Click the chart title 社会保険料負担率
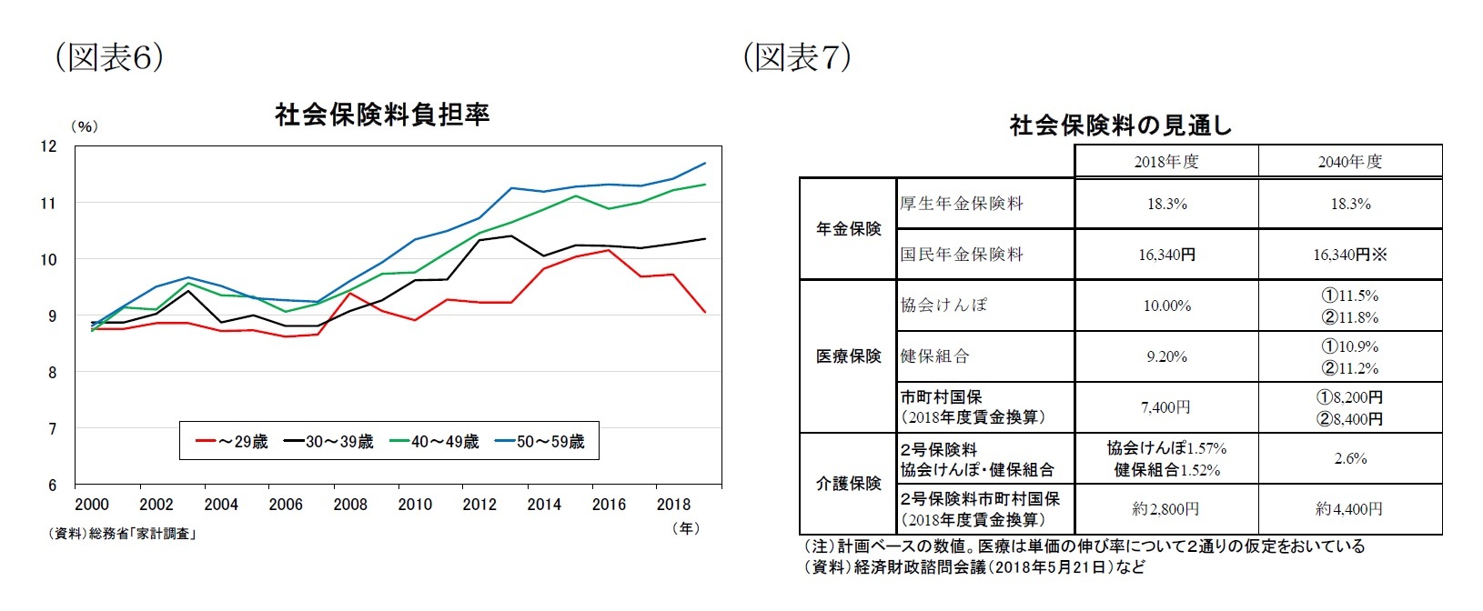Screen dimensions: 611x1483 (382, 115)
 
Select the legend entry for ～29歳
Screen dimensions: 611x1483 (232, 442)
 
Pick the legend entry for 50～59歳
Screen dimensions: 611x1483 (540, 442)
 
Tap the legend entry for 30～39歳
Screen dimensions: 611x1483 (328, 442)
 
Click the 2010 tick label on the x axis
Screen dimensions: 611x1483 (415, 505)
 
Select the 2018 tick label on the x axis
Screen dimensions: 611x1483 (673, 505)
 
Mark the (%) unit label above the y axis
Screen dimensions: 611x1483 (84, 127)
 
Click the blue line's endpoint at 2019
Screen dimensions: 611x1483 (706, 164)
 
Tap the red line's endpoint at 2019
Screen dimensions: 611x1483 (706, 312)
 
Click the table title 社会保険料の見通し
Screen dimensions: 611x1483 (1120, 125)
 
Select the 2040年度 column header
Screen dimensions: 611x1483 (1350, 162)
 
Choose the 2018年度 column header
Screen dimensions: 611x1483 (1166, 162)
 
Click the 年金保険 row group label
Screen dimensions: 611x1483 (848, 229)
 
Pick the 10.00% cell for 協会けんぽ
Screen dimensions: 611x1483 (1166, 305)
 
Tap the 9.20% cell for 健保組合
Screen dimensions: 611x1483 (1166, 356)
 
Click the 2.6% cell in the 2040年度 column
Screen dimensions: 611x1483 (1350, 458)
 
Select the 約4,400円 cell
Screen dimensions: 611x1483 (1350, 509)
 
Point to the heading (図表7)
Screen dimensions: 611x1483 (796, 57)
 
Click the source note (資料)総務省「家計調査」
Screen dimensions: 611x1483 (122, 534)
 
